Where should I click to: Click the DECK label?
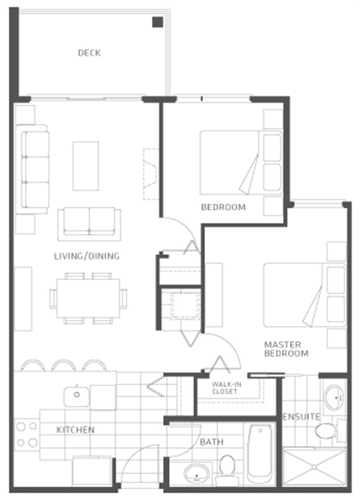point(89,53)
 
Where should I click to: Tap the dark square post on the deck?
point(158,22)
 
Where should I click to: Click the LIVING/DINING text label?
point(87,256)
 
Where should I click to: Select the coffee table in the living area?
point(86,166)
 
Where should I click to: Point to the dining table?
point(88,298)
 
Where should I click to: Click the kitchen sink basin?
point(76,396)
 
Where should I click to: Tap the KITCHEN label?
point(76,430)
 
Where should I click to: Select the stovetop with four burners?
point(27,434)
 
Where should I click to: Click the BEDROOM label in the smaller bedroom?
point(223,207)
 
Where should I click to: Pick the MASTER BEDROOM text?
point(286,349)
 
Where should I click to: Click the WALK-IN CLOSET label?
point(226,388)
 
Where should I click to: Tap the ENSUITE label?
point(301,417)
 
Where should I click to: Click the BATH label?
point(212,442)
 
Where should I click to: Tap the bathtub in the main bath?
point(260,454)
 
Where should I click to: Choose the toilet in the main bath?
point(227,470)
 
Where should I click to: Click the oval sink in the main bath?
point(196,474)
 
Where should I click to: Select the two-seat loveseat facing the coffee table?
point(89,224)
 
